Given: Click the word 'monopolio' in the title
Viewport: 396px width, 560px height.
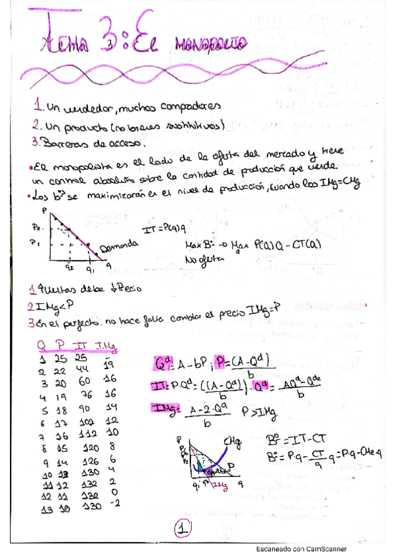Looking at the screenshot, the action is (210, 45).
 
